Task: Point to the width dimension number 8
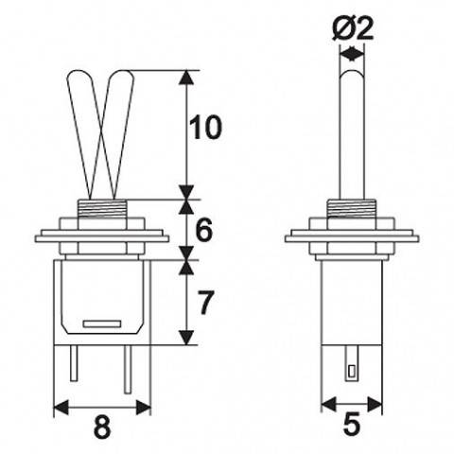click(102, 428)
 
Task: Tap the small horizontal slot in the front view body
click(102, 324)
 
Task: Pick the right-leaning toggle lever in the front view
click(118, 132)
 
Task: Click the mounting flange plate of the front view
click(102, 236)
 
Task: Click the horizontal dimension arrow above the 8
click(102, 406)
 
